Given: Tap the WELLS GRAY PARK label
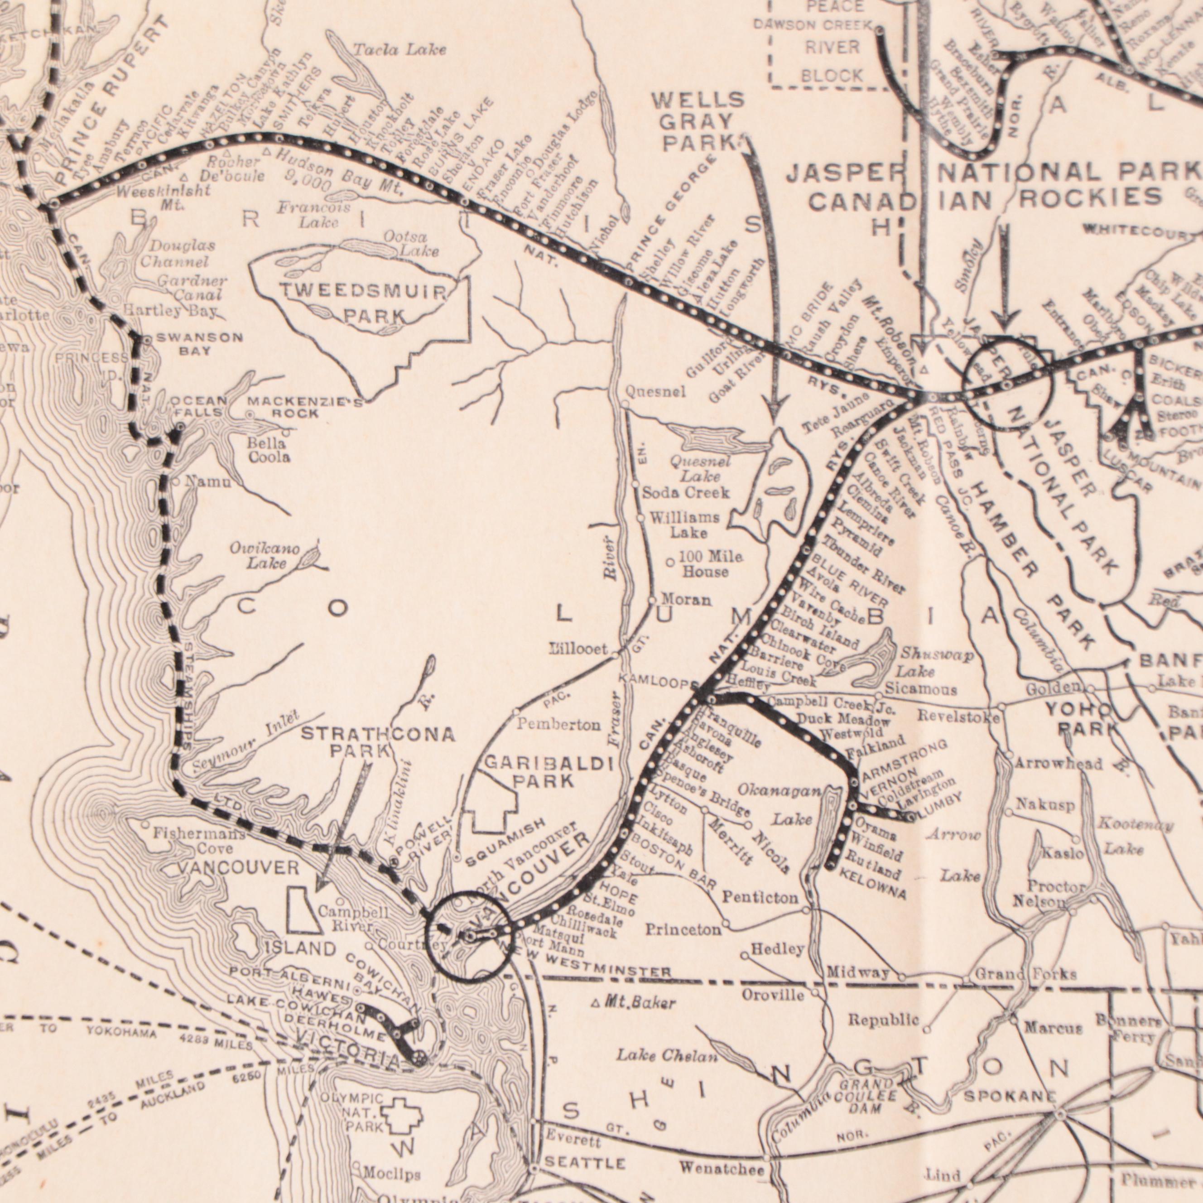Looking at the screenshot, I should coord(698,121).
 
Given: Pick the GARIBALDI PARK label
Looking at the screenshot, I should coord(549,771).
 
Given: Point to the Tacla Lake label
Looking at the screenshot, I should coord(399,50).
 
